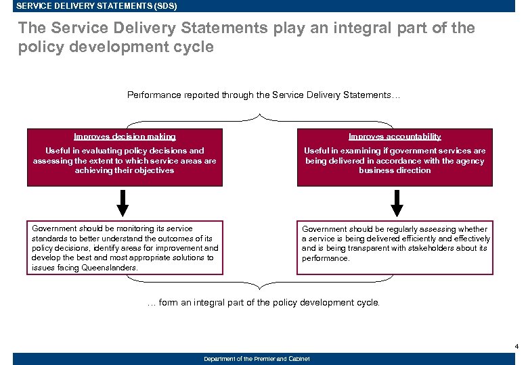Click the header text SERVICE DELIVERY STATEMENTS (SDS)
pyautogui.click(x=96, y=6)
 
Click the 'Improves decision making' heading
pyautogui.click(x=125, y=137)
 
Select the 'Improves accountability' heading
pyautogui.click(x=395, y=137)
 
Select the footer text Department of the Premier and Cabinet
pyautogui.click(x=257, y=359)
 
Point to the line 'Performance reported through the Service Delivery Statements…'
pyautogui.click(x=263, y=95)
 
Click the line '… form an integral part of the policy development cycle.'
pyautogui.click(x=263, y=303)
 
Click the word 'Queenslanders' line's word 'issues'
pyautogui.click(x=43, y=268)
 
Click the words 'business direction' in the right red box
pyautogui.click(x=395, y=170)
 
